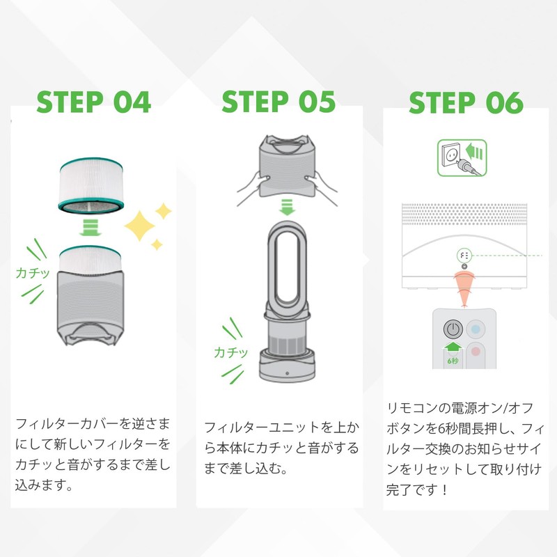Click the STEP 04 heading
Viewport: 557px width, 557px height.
click(94, 103)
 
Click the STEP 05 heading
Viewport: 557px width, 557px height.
click(278, 103)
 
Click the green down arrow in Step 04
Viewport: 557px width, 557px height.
click(93, 228)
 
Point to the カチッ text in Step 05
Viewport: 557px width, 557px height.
click(232, 352)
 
